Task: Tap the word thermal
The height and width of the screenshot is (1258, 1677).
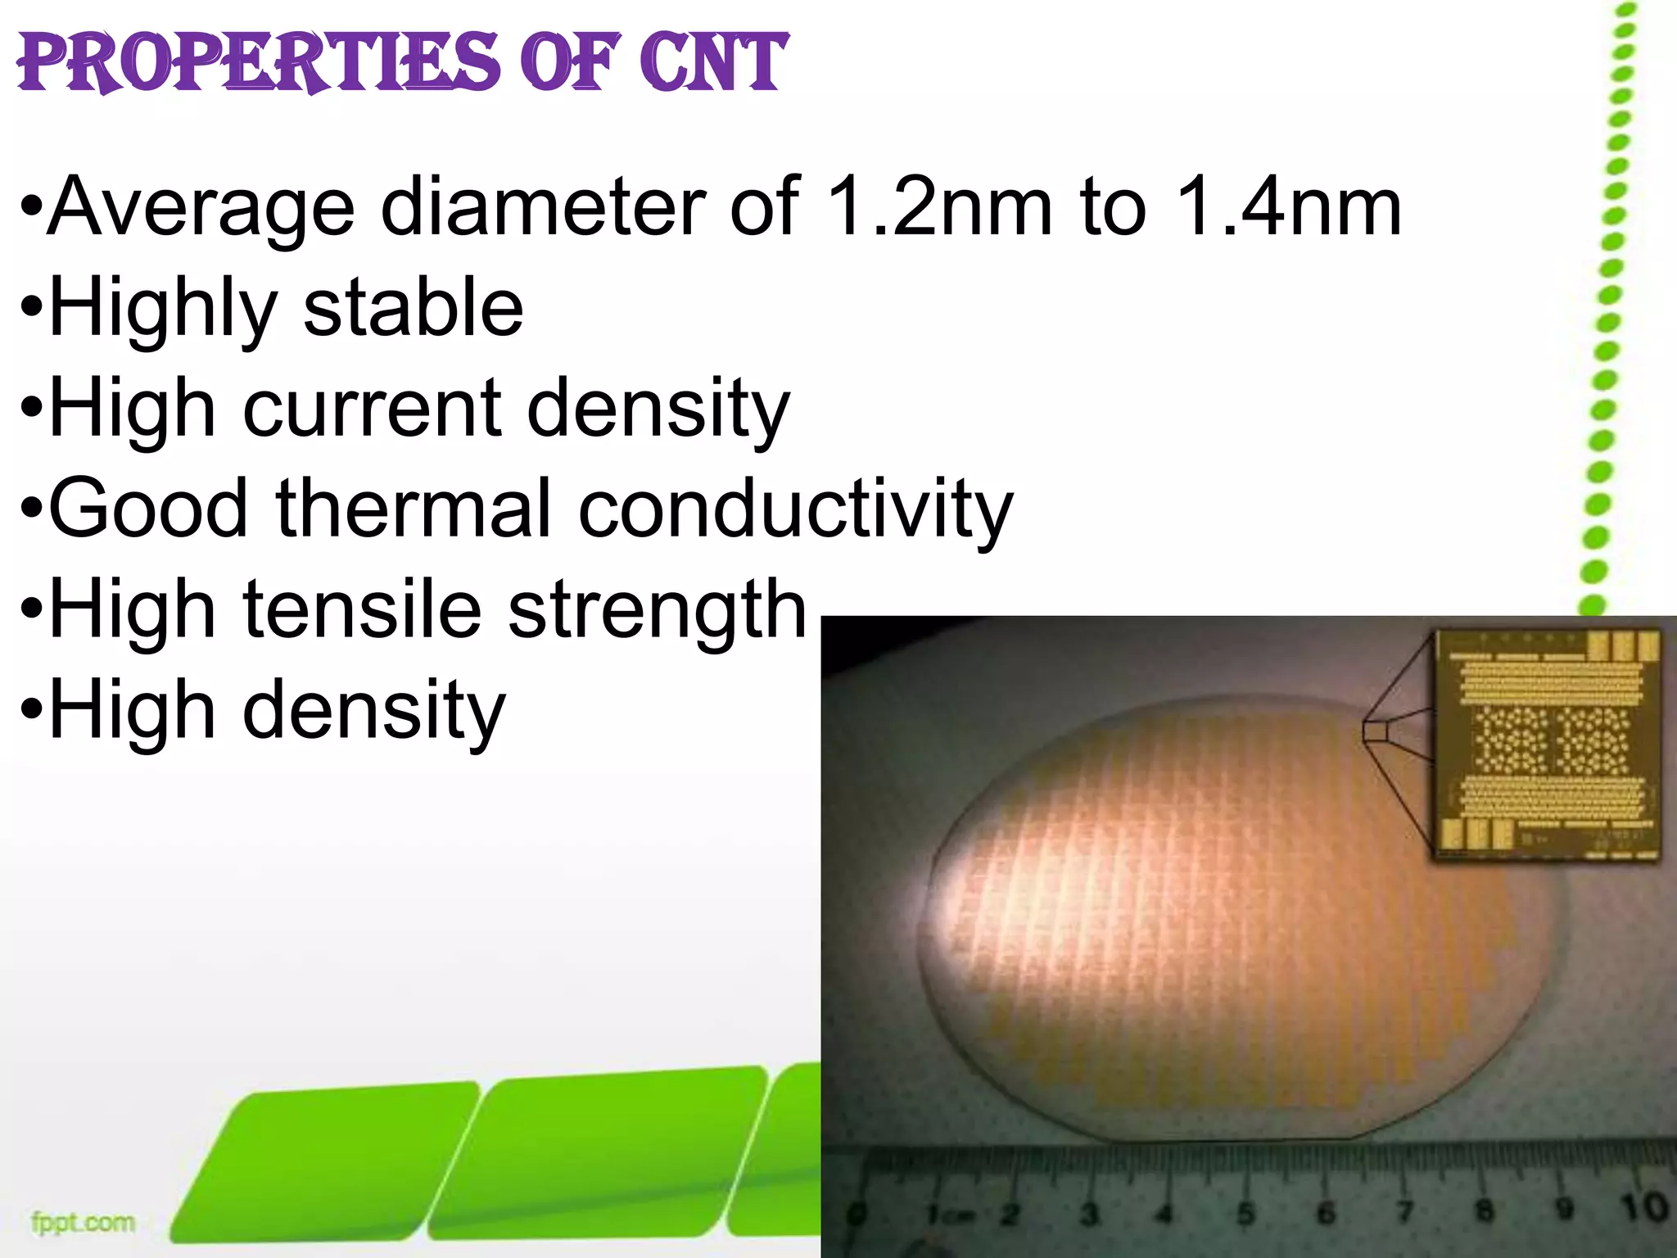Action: pos(413,509)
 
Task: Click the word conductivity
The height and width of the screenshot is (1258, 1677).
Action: pos(796,509)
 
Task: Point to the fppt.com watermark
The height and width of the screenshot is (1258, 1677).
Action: pos(83,1224)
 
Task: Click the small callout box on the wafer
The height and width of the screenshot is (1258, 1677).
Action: pos(1376,730)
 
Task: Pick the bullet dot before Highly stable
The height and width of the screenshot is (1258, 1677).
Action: pos(31,310)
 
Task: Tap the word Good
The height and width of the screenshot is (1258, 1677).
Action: pos(148,509)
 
